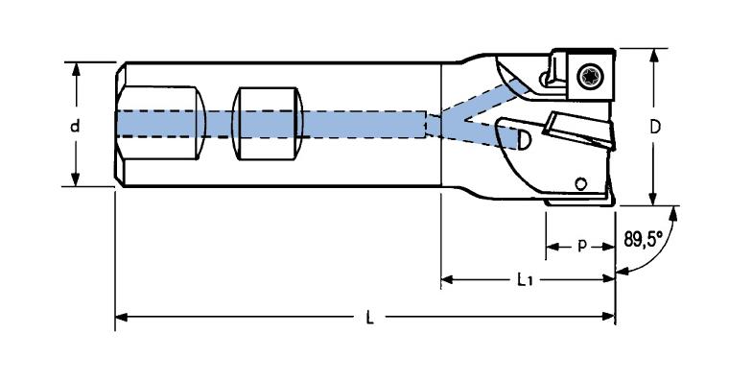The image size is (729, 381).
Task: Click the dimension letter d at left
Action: coord(75,125)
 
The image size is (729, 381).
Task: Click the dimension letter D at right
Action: coord(654,127)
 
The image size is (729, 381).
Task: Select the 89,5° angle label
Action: coord(643,240)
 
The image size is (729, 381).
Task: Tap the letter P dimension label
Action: coord(581,245)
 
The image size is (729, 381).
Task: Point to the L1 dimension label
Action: coord(525,279)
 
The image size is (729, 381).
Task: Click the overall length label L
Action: coord(369,319)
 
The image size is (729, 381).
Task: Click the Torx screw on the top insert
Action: coord(588,75)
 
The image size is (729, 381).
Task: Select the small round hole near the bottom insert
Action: coord(580,183)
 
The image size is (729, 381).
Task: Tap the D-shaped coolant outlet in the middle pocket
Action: coord(523,139)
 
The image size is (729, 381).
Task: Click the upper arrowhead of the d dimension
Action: coord(76,69)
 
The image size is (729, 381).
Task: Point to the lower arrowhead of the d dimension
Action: coord(76,179)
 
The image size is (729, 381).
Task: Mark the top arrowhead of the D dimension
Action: coord(654,56)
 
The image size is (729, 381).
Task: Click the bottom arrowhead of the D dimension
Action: coord(654,198)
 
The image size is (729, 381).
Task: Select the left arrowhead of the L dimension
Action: coord(122,317)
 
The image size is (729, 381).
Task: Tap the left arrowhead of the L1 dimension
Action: coord(447,279)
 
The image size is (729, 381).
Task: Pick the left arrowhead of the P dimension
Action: coord(553,246)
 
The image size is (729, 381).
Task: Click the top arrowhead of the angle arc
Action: coord(672,214)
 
